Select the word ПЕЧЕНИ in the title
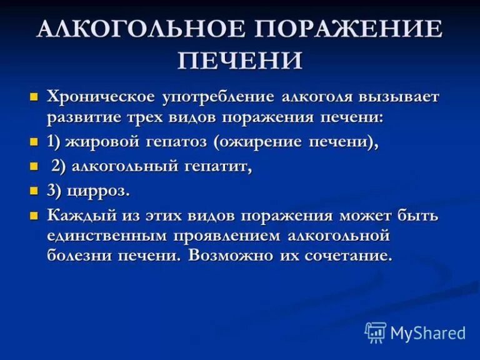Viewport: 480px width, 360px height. (x=241, y=61)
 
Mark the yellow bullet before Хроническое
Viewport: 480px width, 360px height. (x=34, y=98)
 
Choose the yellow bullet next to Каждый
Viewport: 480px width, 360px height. (x=34, y=216)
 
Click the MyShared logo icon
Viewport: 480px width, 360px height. (x=376, y=332)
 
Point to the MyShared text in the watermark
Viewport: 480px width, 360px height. (x=428, y=333)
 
